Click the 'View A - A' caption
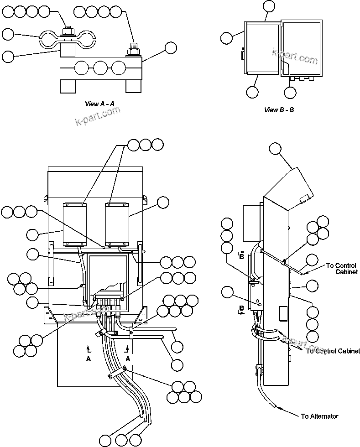click(99, 104)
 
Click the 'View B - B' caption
click(279, 110)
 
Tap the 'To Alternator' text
click(319, 416)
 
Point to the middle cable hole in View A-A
click(100, 68)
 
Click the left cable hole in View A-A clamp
click(82, 68)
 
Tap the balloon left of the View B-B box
click(227, 38)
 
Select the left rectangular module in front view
click(74, 223)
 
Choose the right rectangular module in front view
click(117, 223)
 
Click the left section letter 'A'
click(88, 359)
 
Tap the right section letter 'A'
click(128, 359)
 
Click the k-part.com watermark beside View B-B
click(294, 57)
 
